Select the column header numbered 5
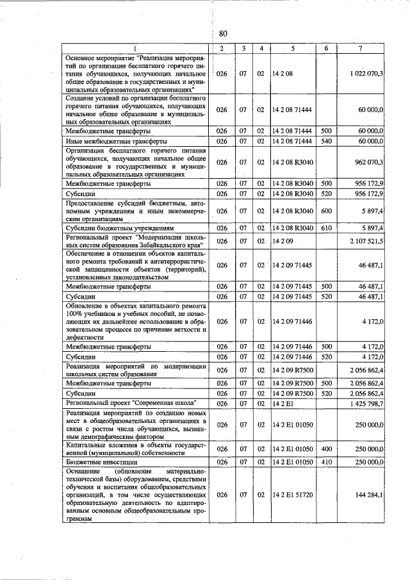pos(292,49)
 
